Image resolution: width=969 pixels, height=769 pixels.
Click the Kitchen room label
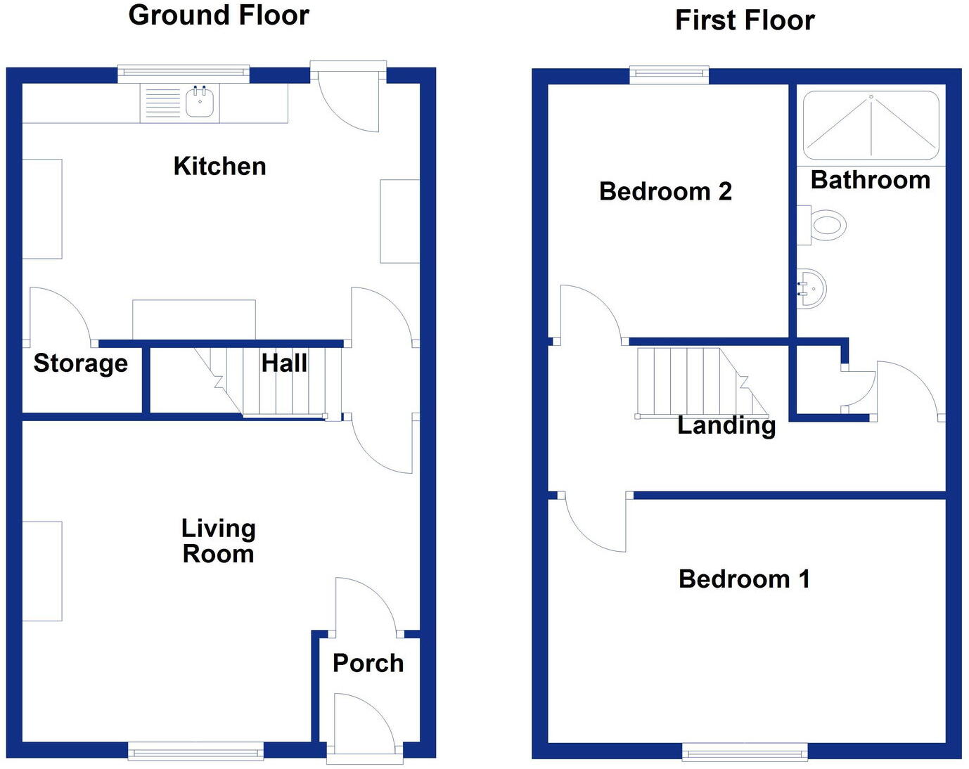(219, 167)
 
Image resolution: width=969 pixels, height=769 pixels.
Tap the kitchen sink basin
(200, 103)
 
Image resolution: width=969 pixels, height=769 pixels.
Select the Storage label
(81, 363)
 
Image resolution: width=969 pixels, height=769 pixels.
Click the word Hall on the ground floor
(284, 363)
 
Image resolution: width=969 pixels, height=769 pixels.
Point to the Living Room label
(218, 541)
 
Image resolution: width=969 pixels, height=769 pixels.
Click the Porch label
(368, 663)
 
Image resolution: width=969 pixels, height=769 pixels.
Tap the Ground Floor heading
(219, 15)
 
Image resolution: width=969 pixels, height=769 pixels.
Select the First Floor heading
(745, 20)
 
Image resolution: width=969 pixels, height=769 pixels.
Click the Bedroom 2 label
(665, 191)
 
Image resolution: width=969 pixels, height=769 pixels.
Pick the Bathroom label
(871, 180)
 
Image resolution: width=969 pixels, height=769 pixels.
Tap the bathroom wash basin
(813, 287)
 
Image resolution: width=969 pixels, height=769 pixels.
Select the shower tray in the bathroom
(871, 125)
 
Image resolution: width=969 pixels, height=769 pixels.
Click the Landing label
(726, 425)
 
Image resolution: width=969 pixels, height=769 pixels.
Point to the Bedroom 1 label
(744, 579)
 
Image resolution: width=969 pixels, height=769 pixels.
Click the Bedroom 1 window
(745, 752)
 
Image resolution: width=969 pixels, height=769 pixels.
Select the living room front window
(195, 751)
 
